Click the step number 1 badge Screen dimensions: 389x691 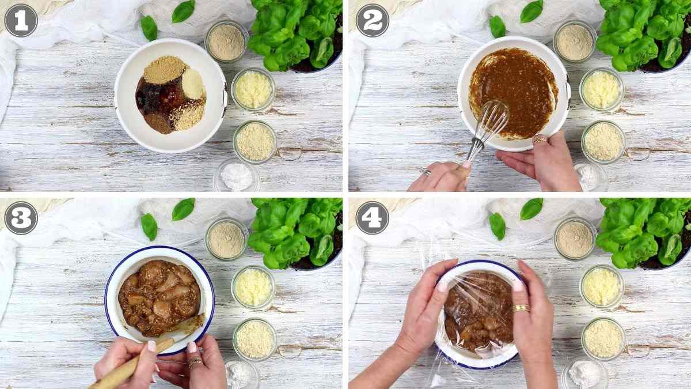[x=21, y=20]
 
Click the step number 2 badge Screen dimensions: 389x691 [x=372, y=20]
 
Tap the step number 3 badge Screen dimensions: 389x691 [x=21, y=218]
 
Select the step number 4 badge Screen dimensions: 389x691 [x=372, y=218]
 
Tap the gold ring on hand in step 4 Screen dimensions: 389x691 [x=521, y=308]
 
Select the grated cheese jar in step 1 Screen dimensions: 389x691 [x=253, y=89]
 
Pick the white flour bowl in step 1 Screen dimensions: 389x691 [x=237, y=176]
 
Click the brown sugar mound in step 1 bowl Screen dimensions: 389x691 [x=165, y=70]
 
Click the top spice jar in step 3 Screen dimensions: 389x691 [x=226, y=239]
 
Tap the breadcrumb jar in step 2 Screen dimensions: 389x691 [x=603, y=141]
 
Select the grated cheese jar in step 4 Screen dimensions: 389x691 [x=601, y=286]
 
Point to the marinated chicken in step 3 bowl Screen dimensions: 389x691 [x=158, y=297]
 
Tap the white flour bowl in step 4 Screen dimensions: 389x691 [x=584, y=373]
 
